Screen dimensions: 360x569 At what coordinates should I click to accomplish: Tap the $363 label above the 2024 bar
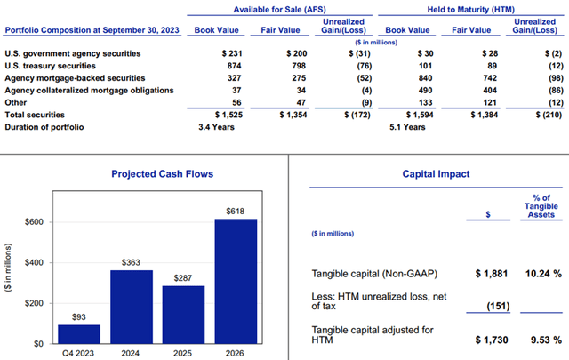[x=131, y=262]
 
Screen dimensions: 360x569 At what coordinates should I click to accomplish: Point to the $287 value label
[x=182, y=277]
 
